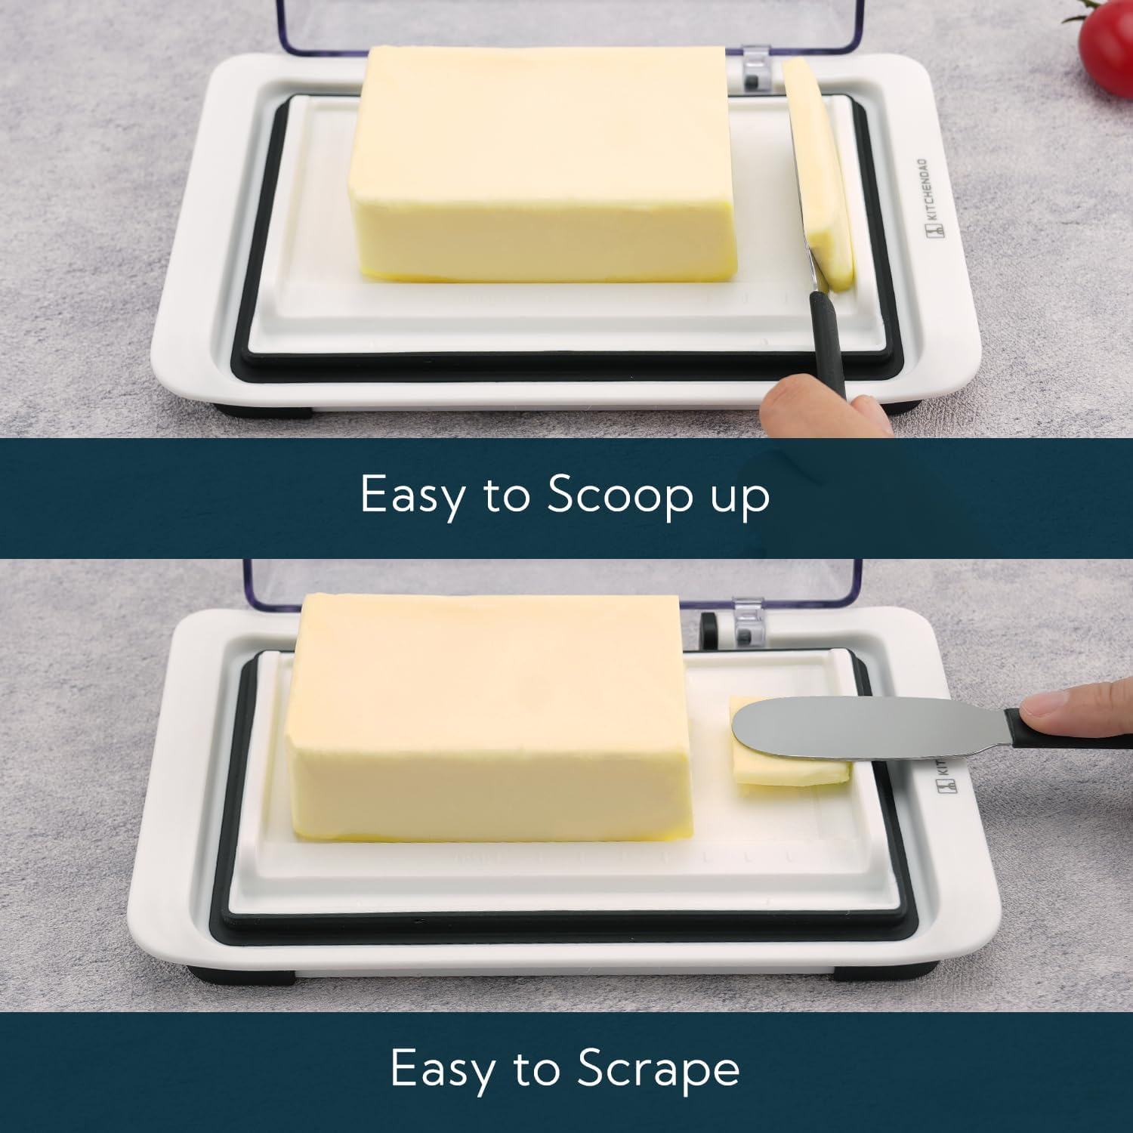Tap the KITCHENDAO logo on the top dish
[x=928, y=200]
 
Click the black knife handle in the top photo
[x=827, y=340]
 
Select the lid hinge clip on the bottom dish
[x=744, y=623]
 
